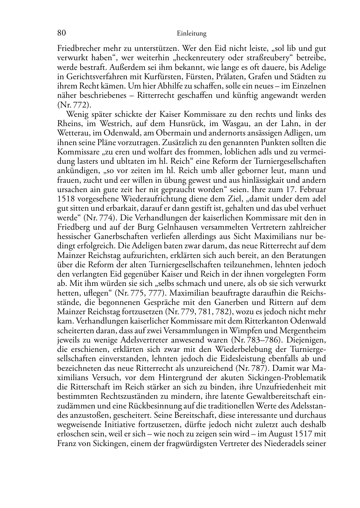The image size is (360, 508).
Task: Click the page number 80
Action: [61, 33]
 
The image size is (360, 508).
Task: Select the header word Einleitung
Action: [191, 34]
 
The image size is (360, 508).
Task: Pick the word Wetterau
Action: [72, 133]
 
